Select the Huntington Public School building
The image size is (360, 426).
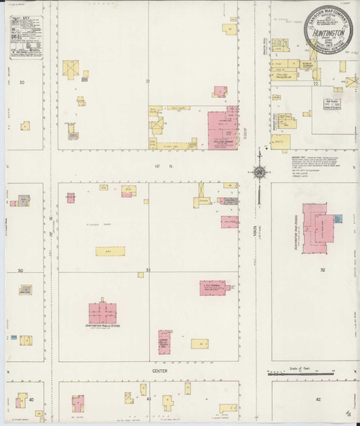tap(102, 312)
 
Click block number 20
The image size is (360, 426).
tap(22, 83)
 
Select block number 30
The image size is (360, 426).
tap(21, 271)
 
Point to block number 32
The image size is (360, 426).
tap(323, 270)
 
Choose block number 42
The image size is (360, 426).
tap(318, 397)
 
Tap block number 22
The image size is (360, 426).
tap(316, 84)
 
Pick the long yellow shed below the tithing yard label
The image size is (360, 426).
tap(108, 251)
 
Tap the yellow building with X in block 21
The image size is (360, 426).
tap(71, 69)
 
